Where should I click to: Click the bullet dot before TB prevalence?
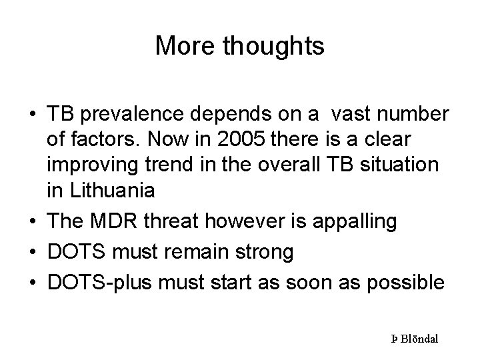pyautogui.click(x=32, y=115)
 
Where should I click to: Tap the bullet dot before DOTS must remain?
pyautogui.click(x=32, y=253)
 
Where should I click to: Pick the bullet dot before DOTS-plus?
pyautogui.click(x=32, y=283)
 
